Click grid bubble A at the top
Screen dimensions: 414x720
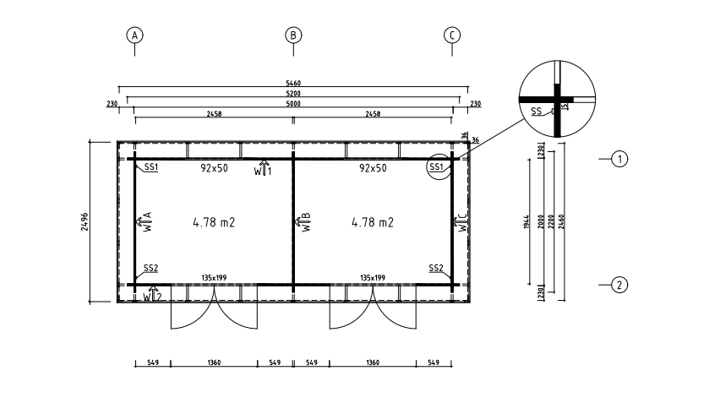134,35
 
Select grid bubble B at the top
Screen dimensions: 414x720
293,35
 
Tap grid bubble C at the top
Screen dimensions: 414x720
452,35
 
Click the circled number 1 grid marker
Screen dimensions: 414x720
619,159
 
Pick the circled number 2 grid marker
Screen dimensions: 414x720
619,285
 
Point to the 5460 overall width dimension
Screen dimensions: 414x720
293,84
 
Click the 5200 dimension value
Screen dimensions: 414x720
293,93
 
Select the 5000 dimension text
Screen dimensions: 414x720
293,103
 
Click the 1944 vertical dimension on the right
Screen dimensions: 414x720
528,221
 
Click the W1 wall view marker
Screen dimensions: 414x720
264,170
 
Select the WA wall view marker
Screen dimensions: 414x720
144,221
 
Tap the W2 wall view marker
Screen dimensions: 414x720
152,296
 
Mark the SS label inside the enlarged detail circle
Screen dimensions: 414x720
536,111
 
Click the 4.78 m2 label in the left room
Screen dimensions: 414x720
213,223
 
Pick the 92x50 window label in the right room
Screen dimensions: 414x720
373,168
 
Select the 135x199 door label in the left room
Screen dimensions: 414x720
214,276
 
